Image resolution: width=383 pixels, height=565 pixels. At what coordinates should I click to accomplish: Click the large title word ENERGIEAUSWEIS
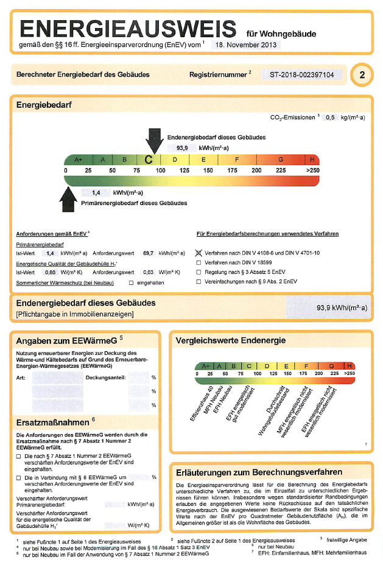(x=128, y=29)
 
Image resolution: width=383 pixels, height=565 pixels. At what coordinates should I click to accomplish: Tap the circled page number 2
(x=362, y=75)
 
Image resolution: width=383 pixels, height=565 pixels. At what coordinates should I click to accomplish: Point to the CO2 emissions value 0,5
(x=331, y=117)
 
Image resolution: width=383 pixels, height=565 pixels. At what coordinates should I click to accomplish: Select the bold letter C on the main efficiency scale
(x=149, y=160)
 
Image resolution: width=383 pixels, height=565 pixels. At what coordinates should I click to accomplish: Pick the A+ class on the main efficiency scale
(x=78, y=160)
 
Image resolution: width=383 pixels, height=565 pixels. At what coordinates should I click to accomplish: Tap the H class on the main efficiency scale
(x=312, y=160)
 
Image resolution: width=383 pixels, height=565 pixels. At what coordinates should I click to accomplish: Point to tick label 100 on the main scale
(x=160, y=170)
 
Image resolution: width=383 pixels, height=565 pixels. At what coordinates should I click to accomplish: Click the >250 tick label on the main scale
(x=312, y=170)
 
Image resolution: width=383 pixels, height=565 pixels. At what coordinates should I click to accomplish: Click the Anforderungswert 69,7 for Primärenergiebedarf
(x=148, y=252)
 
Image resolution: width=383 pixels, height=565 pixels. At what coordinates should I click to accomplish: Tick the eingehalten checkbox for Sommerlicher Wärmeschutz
(x=131, y=282)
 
